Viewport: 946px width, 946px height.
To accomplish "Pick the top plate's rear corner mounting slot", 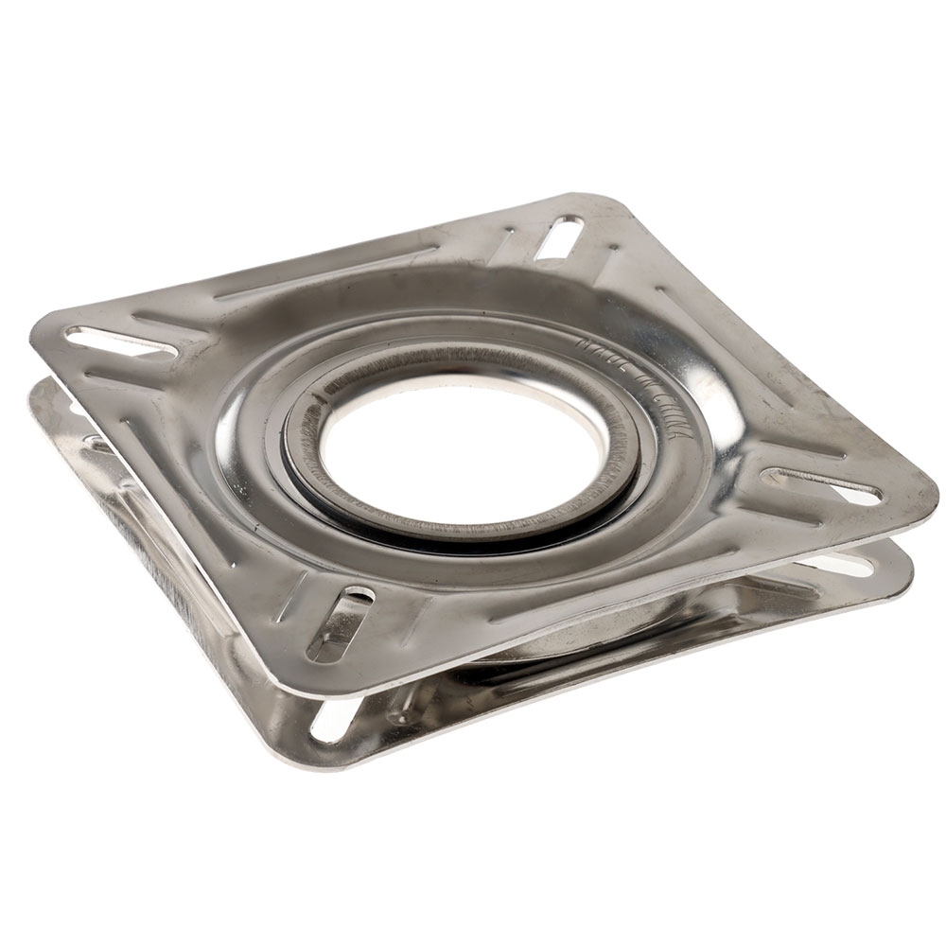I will click(558, 237).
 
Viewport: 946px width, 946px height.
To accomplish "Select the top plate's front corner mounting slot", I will click(339, 623).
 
